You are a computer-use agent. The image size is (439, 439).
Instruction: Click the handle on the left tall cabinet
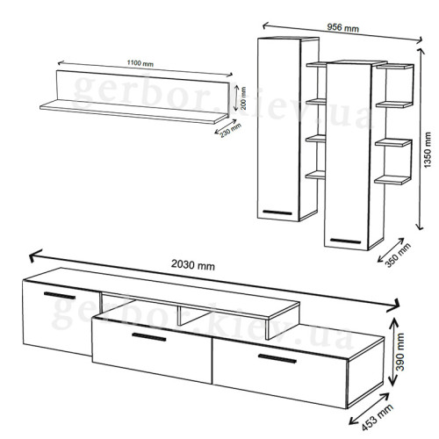279,211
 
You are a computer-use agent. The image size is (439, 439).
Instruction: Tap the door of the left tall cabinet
280,127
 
